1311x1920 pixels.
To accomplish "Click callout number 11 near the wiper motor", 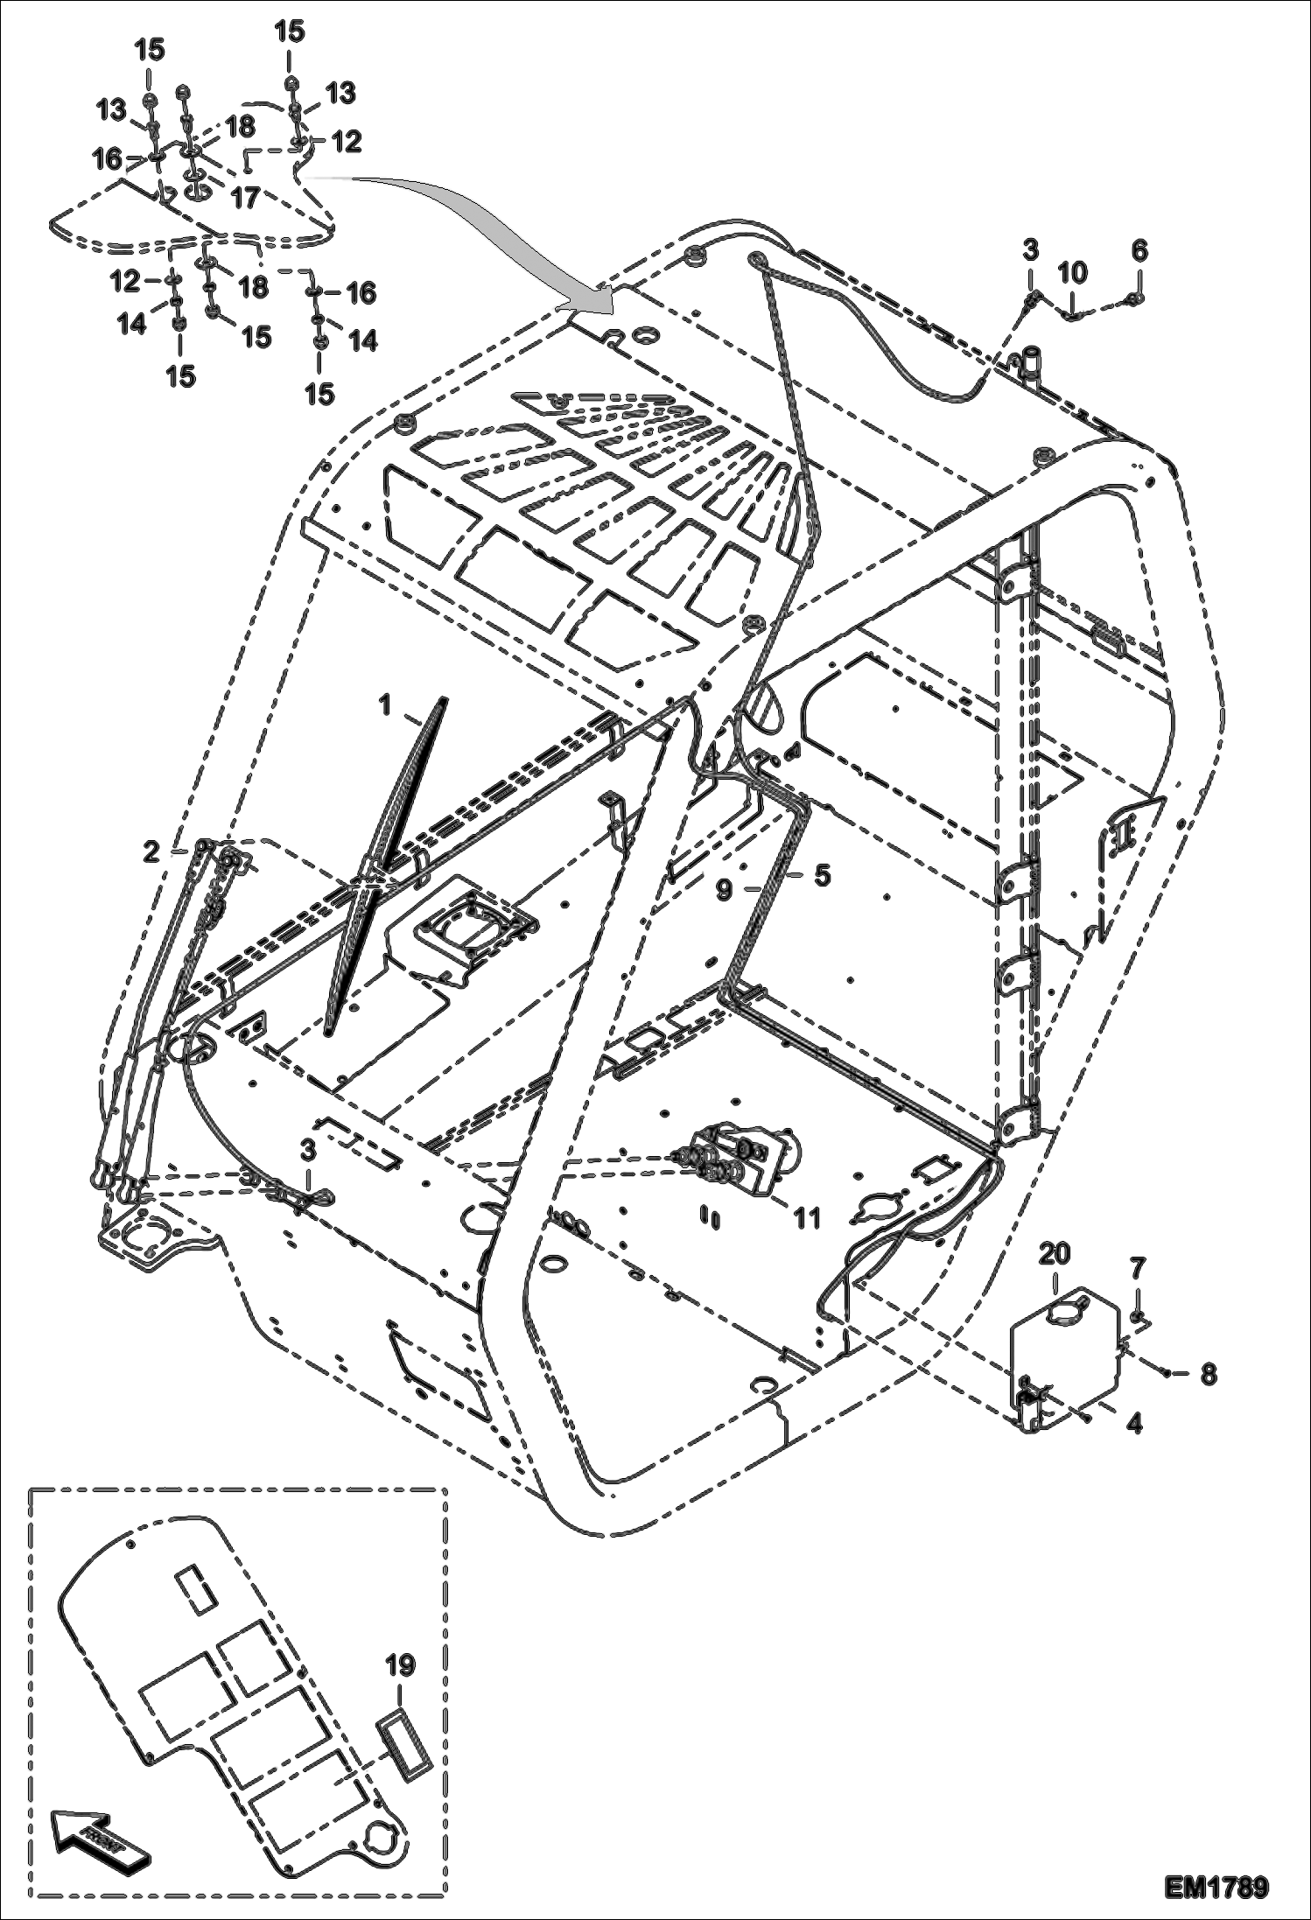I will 806,1217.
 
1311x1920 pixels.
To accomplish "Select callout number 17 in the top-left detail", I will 246,199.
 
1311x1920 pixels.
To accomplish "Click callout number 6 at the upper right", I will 1139,250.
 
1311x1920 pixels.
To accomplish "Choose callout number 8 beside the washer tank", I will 1208,1374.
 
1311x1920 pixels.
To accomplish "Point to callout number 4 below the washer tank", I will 1134,1424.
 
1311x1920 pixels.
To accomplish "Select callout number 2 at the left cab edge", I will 151,851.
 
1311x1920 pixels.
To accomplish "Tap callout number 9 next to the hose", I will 724,891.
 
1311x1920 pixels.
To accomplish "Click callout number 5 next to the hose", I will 822,875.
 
